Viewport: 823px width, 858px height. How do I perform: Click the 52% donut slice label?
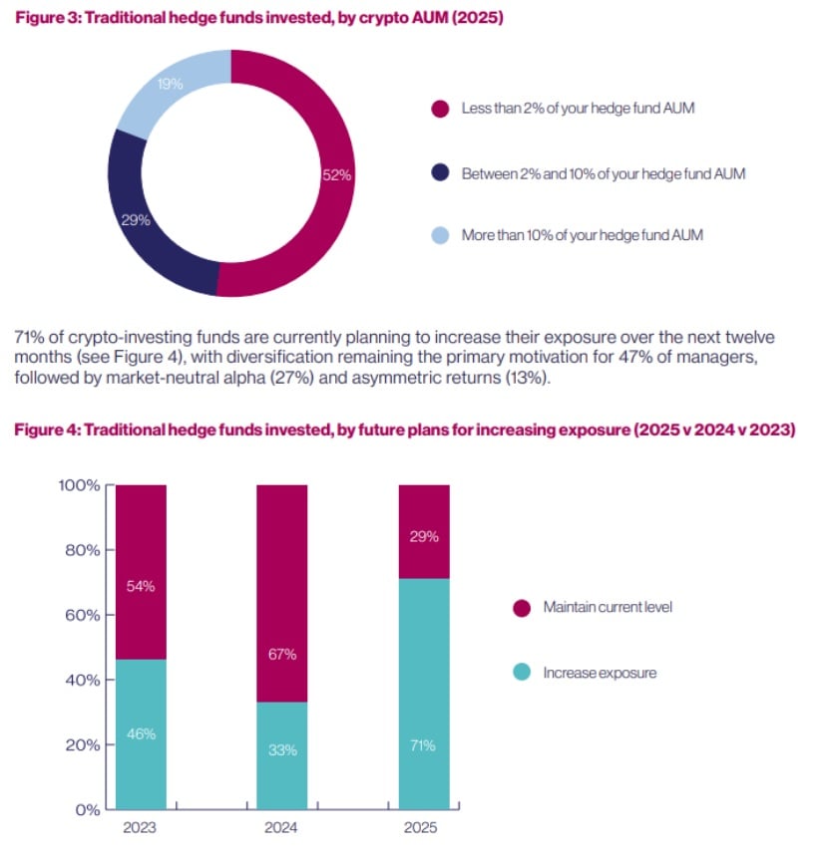[x=337, y=174]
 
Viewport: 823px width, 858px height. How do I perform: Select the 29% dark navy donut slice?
[x=137, y=219]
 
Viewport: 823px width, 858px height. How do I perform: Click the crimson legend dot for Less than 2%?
[x=438, y=108]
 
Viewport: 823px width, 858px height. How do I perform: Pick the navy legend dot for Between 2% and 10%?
[x=438, y=173]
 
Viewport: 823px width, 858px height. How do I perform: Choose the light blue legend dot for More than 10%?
[x=438, y=236]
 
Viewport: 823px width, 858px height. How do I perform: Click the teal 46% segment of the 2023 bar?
[x=141, y=733]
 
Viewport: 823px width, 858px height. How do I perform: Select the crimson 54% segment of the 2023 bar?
[x=141, y=586]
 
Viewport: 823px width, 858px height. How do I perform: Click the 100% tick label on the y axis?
[x=76, y=486]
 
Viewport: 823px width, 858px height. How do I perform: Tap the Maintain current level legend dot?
[x=520, y=607]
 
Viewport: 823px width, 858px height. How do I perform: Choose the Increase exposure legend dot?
[x=520, y=673]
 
